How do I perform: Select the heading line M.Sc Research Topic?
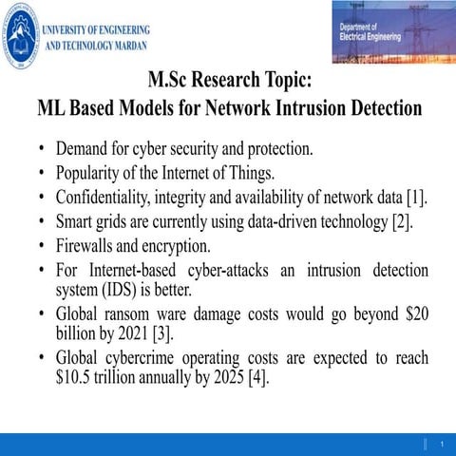(x=230, y=80)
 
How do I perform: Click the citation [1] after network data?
(x=417, y=198)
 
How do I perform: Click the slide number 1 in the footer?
(x=443, y=445)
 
